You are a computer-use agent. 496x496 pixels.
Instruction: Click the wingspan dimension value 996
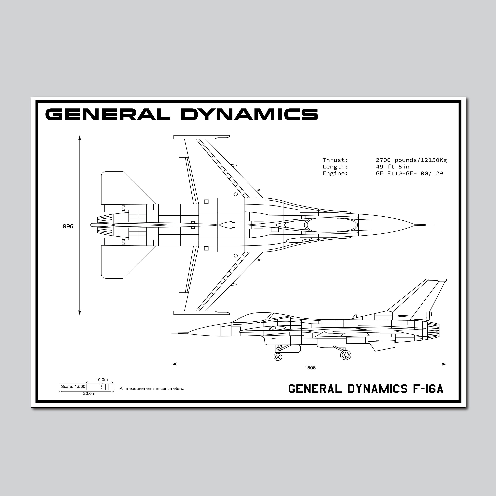68,226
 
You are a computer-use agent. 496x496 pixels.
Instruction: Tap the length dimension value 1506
310,368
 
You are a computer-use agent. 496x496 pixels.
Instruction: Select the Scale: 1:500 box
73,386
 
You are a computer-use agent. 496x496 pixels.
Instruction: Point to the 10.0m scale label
102,379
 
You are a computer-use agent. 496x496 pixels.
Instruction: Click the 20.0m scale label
89,393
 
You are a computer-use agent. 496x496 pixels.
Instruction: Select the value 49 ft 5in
393,167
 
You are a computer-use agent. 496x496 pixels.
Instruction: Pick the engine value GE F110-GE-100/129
409,173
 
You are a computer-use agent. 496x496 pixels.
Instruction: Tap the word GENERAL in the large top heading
108,114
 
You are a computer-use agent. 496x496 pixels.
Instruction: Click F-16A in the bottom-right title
428,389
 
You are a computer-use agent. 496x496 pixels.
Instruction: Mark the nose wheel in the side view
278,357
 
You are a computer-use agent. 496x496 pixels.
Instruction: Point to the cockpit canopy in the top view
331,225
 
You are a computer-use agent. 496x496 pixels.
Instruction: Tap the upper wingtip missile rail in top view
202,137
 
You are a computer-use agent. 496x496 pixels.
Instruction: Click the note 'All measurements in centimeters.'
152,388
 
